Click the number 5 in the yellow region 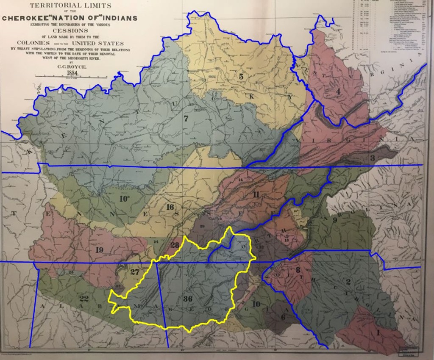click(x=241, y=77)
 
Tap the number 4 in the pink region click(x=338, y=92)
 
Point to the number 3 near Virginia click(x=372, y=158)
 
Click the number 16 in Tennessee click(x=170, y=207)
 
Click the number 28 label click(x=175, y=245)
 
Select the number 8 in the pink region click(x=298, y=269)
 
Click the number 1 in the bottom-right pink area click(x=378, y=333)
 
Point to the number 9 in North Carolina click(x=334, y=220)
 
